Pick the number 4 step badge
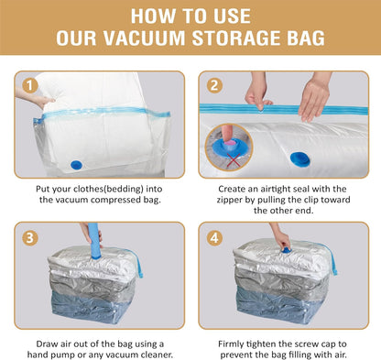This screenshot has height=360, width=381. pos(215,237)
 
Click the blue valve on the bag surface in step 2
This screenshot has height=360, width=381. pos(299,158)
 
